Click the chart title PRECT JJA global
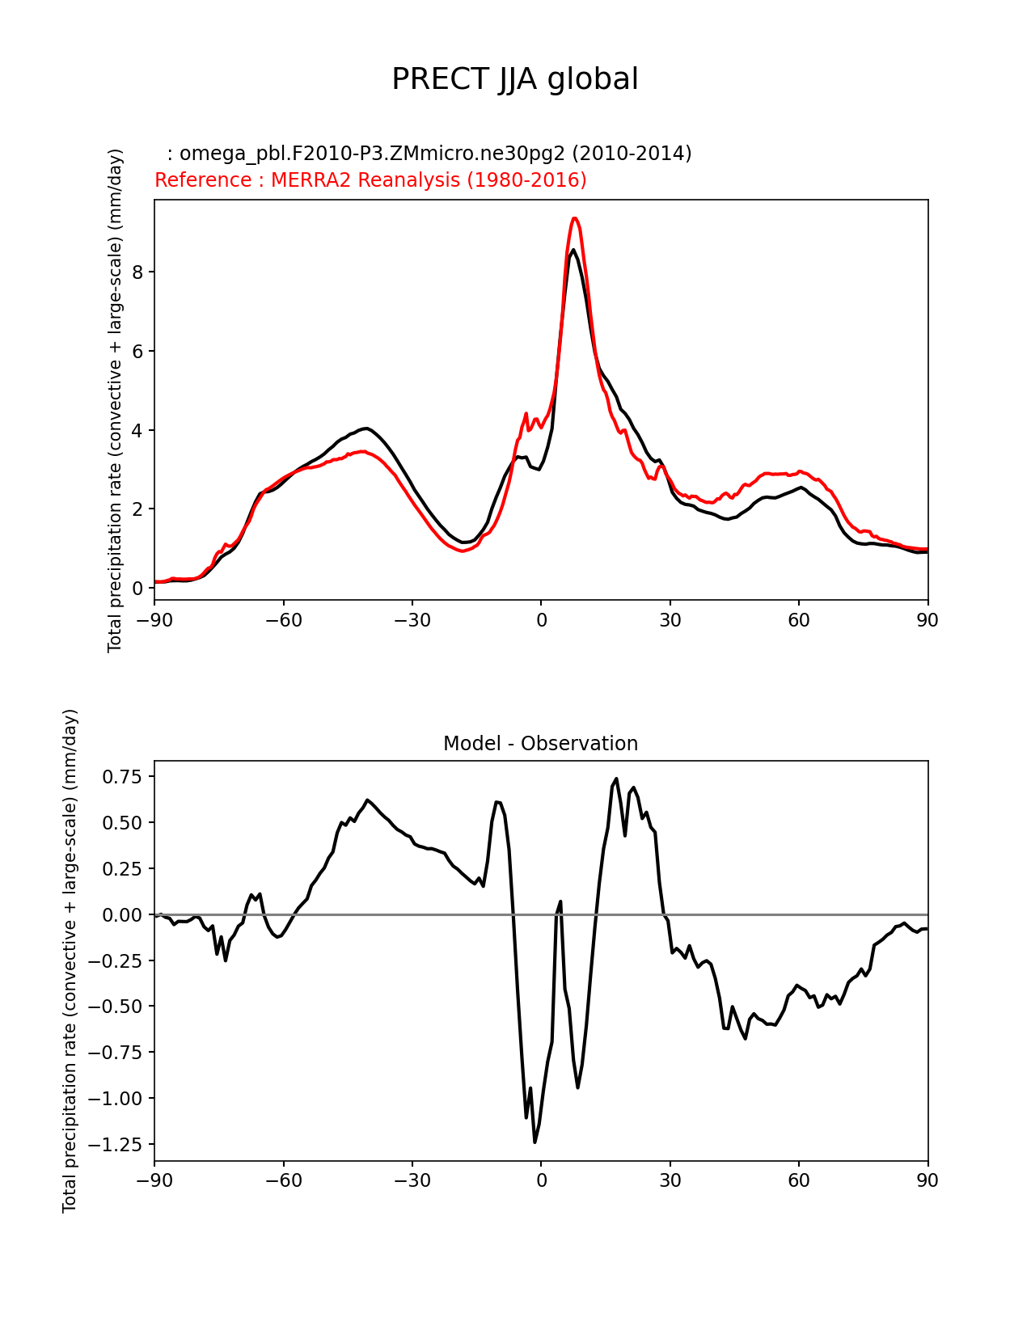pyautogui.click(x=515, y=79)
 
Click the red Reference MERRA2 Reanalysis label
pyautogui.click(x=370, y=180)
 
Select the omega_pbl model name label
pyautogui.click(x=429, y=154)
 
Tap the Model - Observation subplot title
pyautogui.click(x=540, y=744)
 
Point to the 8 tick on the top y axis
pyautogui.click(x=137, y=272)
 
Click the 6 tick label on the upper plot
pyautogui.click(x=137, y=351)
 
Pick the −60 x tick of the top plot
pyautogui.click(x=283, y=620)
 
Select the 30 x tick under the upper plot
pyautogui.click(x=670, y=620)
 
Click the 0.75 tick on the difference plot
pyautogui.click(x=122, y=777)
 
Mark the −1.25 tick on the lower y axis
pyautogui.click(x=118, y=1144)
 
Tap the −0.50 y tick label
pyautogui.click(x=118, y=1007)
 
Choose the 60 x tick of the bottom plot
pyautogui.click(x=799, y=1180)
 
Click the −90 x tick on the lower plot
pyautogui.click(x=154, y=1180)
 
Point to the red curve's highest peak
pyautogui.click(x=574, y=218)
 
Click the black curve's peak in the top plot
pyautogui.click(x=573, y=250)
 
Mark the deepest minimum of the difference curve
pyautogui.click(x=535, y=1142)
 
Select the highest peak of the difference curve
pyautogui.click(x=616, y=779)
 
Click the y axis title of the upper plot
pyautogui.click(x=116, y=400)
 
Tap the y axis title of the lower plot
pyautogui.click(x=70, y=960)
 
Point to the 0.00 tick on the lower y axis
pyautogui.click(x=122, y=914)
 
